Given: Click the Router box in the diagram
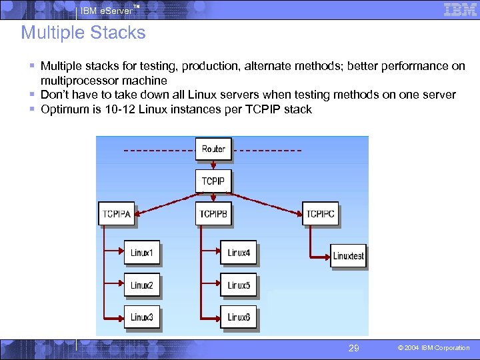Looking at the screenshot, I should click(x=213, y=149).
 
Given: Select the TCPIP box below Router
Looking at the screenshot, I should click(x=213, y=181).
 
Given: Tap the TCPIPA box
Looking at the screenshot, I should click(x=117, y=213).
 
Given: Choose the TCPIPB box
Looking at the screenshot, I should click(x=214, y=213).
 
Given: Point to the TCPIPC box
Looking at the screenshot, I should click(x=320, y=213).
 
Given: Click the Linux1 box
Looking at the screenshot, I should click(x=141, y=253).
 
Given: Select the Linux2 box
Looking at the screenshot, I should click(x=141, y=285).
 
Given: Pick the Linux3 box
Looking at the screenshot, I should click(x=141, y=317).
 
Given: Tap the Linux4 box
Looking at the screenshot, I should click(x=239, y=253).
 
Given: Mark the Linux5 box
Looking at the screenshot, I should click(x=239, y=285).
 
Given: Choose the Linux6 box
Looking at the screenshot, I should click(x=239, y=317).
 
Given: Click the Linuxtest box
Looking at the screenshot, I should click(x=348, y=256).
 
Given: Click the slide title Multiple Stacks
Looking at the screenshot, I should click(x=83, y=33).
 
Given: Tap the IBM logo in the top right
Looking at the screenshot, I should click(x=461, y=9).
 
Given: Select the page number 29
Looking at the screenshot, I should click(x=354, y=347).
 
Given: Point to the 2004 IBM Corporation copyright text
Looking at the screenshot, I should click(x=433, y=348).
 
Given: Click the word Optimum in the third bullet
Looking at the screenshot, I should click(x=64, y=109).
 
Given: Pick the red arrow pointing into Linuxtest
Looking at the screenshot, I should click(x=320, y=256).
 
